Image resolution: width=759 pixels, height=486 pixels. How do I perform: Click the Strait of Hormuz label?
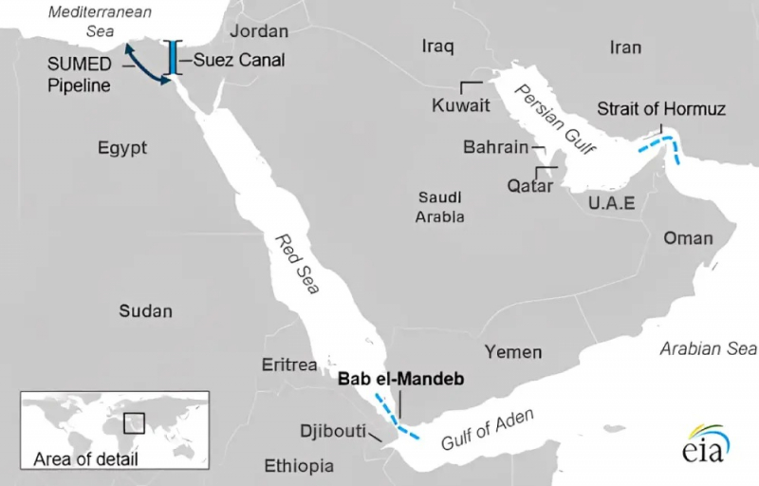coord(660,109)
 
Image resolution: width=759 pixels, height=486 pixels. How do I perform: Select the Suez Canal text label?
coord(239,60)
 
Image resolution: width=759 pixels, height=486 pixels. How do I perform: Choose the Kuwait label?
coord(460,105)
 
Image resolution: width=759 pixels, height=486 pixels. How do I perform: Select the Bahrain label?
coord(494,148)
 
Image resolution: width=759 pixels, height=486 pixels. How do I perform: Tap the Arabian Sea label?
coord(708,349)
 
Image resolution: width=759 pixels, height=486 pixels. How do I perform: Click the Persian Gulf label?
coord(547,121)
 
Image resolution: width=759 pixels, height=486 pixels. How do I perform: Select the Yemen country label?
coord(513,351)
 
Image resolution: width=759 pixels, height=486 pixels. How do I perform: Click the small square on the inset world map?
coord(134,421)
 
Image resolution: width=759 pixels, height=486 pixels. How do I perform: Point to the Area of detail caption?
coord(84,460)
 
